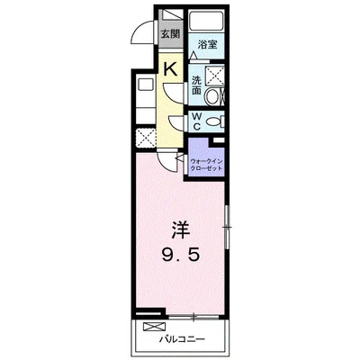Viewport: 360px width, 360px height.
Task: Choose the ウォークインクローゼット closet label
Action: (x=207, y=165)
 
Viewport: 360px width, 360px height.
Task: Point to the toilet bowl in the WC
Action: (x=220, y=121)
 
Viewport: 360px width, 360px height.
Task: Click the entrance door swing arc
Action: (x=141, y=32)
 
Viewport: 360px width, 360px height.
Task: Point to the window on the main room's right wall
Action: (x=229, y=222)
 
